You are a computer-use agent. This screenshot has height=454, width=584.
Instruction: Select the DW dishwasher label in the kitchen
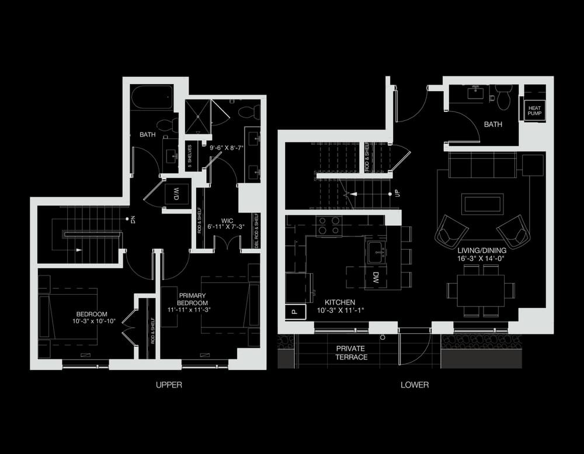(x=376, y=278)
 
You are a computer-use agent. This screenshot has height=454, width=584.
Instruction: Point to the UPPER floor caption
(x=169, y=385)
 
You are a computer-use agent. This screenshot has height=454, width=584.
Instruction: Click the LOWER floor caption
(x=415, y=385)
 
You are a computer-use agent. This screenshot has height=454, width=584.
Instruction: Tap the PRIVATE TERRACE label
(x=351, y=352)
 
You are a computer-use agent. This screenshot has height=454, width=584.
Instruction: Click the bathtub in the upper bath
(x=152, y=97)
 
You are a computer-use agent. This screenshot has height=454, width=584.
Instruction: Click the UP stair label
(x=397, y=193)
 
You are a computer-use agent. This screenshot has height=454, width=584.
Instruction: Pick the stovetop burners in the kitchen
(x=329, y=225)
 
